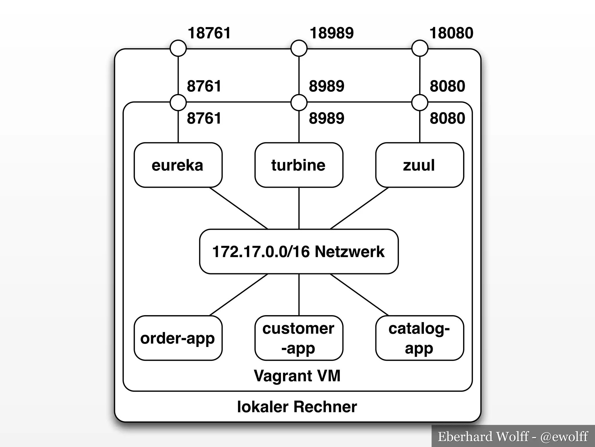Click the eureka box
tap(178, 165)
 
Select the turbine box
tap(299, 165)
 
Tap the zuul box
tap(419, 165)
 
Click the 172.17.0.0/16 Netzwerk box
tap(299, 251)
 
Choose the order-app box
tap(178, 338)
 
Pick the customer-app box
tap(299, 338)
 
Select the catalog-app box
tap(419, 338)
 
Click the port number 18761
tap(209, 33)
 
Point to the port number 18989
tap(331, 33)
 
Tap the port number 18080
tap(451, 33)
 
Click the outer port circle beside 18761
tap(178, 48)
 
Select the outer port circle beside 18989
tap(299, 48)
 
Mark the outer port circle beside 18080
tap(420, 48)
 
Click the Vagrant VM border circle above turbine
tap(299, 102)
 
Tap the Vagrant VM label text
tap(297, 375)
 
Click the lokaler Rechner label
tap(297, 407)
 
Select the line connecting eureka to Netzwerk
tap(238, 208)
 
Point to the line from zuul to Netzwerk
tap(359, 208)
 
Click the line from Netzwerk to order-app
tap(238, 295)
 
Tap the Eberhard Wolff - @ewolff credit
tap(513, 437)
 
